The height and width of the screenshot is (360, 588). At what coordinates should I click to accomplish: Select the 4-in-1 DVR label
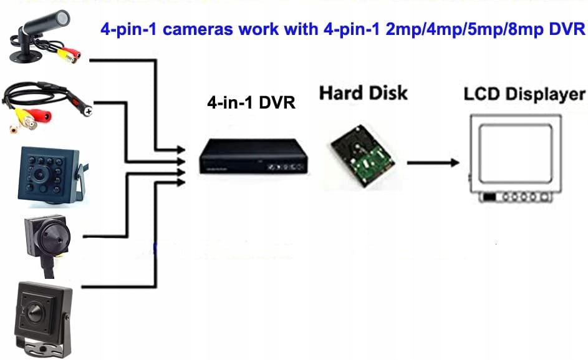(251, 102)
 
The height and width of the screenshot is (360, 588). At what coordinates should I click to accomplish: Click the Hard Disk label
(363, 93)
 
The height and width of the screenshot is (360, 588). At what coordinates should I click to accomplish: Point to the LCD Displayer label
(524, 94)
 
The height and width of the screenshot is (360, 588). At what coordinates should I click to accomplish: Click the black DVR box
(254, 156)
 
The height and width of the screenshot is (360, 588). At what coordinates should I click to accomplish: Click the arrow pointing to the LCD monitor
(433, 163)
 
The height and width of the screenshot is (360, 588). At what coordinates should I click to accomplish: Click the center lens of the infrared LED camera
(39, 174)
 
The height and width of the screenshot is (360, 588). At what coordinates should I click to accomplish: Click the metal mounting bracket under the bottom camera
(44, 346)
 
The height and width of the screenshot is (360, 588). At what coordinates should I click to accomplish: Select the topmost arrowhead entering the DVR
(181, 150)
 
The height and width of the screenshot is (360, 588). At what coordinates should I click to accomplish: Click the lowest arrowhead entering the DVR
(181, 183)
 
